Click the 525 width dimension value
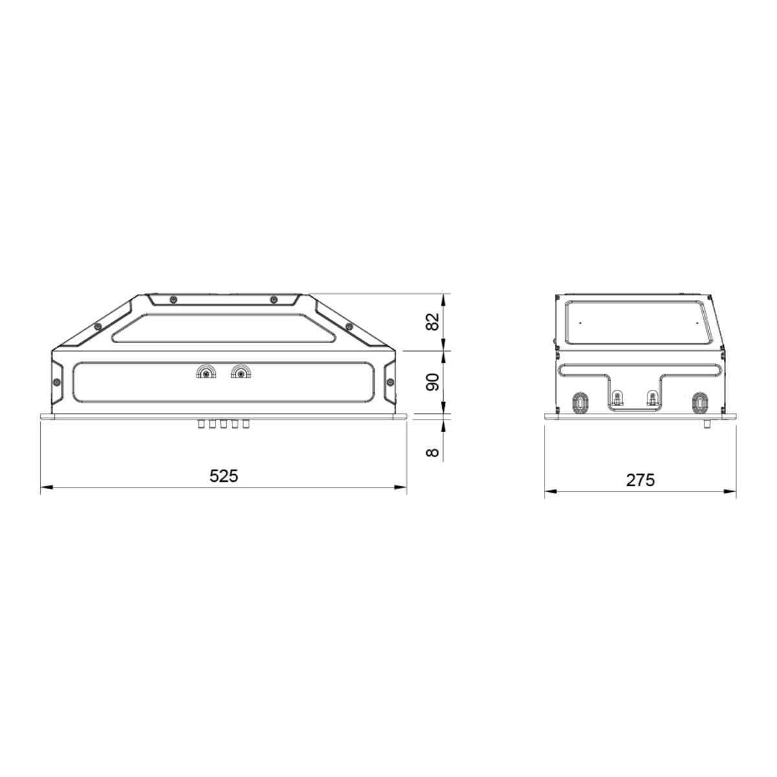point(224,476)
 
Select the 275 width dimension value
point(640,480)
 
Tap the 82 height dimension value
point(433,321)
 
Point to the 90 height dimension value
point(433,382)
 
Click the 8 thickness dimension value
point(433,453)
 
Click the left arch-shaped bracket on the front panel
point(206,372)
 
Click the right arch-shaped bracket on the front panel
point(241,372)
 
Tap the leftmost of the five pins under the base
point(201,423)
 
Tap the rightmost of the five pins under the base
point(246,423)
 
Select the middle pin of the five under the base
point(223,423)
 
